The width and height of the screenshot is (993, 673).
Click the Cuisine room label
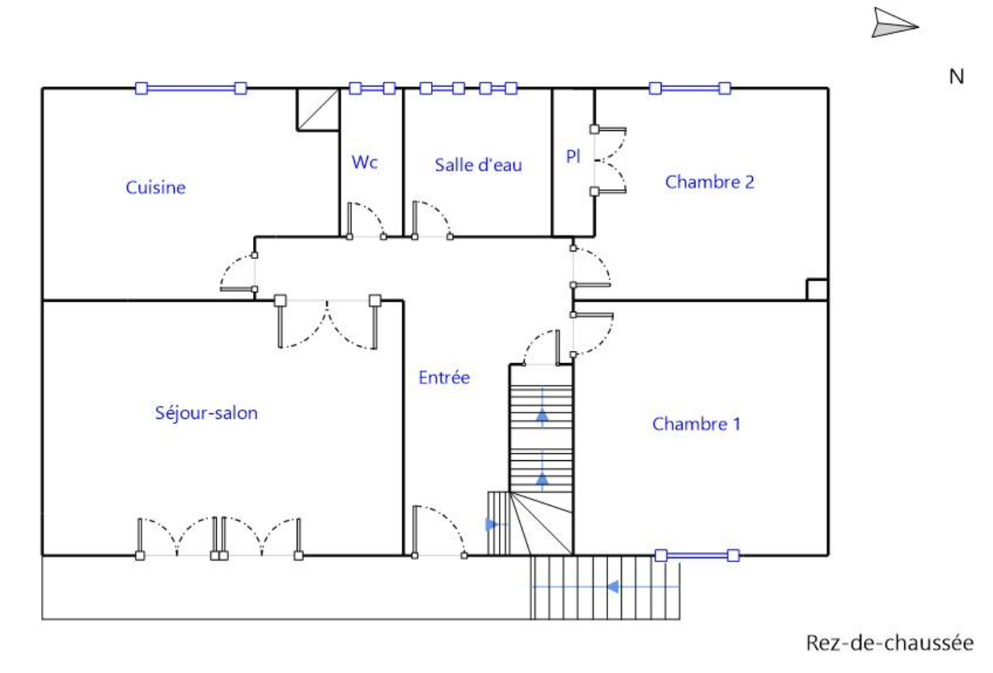coord(156,188)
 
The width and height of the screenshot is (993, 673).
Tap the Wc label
coord(365,162)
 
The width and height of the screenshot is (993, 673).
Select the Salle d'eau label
coord(478,165)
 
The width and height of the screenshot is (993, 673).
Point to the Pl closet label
coord(573,157)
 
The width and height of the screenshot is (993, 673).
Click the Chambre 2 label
coord(709,182)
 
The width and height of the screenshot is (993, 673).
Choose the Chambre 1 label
coord(696,424)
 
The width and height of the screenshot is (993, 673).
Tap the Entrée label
coord(444,377)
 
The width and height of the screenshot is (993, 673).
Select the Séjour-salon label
coord(206,413)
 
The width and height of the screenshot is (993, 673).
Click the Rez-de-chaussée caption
coord(889,643)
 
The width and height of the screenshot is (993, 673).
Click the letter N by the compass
coord(957,77)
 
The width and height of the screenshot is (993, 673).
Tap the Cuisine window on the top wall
coord(190,88)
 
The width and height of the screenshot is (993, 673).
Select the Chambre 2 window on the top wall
coord(690,88)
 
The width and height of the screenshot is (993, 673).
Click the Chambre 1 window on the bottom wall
coord(697,555)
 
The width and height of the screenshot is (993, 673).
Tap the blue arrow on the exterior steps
coord(613,586)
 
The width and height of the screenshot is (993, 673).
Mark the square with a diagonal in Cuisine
coord(318,109)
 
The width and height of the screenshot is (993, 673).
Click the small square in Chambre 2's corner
coord(817,290)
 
